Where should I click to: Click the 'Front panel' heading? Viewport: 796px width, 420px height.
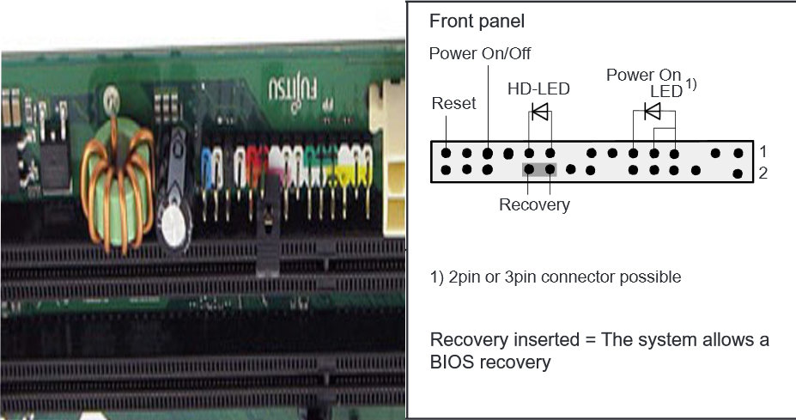pyautogui.click(x=476, y=21)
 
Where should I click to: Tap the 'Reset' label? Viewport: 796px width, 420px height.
pyautogui.click(x=453, y=104)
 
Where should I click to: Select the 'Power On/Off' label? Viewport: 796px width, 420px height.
pyautogui.click(x=480, y=54)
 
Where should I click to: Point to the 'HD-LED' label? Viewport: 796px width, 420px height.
pyautogui.click(x=538, y=88)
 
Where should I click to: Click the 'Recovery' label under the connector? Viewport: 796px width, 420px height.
pyautogui.click(x=534, y=205)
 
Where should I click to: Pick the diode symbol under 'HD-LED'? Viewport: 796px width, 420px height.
pyautogui.click(x=540, y=111)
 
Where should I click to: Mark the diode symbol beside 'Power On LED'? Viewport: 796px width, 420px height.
pyautogui.click(x=653, y=111)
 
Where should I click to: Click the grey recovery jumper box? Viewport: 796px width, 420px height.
pyautogui.click(x=540, y=169)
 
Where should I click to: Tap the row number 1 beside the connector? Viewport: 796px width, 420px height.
pyautogui.click(x=763, y=151)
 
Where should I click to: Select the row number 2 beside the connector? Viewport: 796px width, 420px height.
pyautogui.click(x=763, y=173)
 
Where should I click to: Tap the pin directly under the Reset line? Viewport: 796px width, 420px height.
pyautogui.click(x=447, y=153)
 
